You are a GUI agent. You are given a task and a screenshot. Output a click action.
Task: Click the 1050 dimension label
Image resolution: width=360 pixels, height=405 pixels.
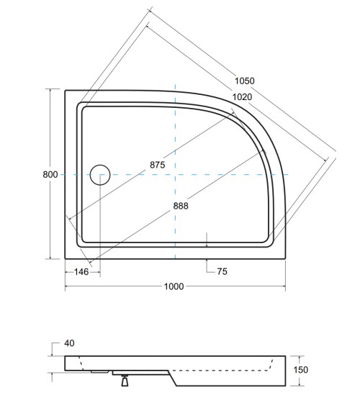point(243,81)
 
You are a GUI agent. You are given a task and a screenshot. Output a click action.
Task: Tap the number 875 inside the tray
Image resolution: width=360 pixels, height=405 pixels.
point(158,165)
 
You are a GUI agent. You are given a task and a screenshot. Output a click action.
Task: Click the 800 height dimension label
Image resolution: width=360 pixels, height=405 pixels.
point(50,175)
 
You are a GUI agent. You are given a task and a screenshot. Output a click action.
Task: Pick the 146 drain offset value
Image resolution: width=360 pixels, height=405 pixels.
point(81,272)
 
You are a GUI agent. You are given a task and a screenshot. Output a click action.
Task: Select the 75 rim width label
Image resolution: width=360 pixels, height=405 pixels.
point(223,272)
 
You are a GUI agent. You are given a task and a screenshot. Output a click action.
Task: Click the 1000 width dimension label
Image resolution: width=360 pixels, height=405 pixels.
point(174,286)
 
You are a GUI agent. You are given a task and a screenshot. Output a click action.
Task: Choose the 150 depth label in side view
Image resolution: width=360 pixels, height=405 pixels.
point(302,370)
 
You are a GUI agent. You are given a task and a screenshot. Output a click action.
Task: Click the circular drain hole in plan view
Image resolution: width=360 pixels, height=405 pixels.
point(99,175)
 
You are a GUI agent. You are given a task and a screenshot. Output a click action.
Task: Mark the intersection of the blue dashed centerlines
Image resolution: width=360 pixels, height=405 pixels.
point(176,175)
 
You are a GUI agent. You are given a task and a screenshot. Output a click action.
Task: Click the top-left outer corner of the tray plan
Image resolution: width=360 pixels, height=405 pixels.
point(66,90)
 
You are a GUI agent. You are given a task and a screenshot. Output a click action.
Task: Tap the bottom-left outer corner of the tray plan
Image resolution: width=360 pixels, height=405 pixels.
point(66,259)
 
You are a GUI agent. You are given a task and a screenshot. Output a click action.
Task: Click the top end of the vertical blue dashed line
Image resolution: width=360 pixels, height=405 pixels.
point(176,84)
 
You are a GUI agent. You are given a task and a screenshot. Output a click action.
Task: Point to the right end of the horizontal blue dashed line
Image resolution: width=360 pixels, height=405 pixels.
point(289,175)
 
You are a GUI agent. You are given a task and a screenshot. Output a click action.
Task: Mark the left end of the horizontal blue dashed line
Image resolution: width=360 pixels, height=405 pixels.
point(60,175)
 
